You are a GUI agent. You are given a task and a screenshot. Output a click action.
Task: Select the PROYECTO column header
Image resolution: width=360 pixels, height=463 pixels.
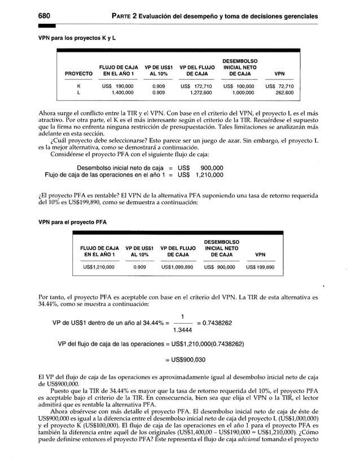[x=78, y=73]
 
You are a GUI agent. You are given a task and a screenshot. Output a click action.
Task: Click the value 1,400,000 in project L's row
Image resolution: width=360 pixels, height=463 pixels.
[x=122, y=92]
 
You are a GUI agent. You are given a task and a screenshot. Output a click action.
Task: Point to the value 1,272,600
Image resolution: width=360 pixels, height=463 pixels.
[x=200, y=92]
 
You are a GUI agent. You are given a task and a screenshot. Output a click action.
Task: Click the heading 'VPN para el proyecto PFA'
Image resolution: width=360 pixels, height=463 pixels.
[x=72, y=222]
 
